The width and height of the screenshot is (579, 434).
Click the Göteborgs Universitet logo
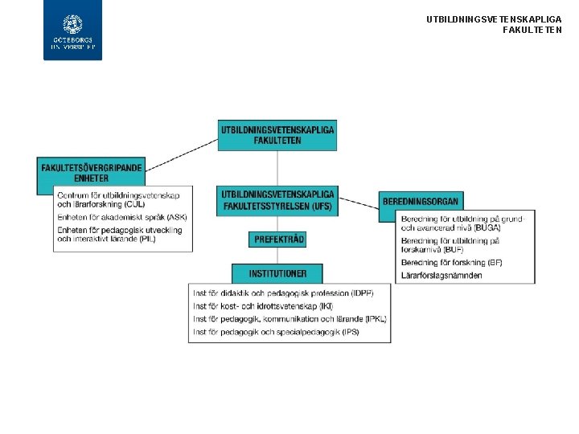click(x=73, y=31)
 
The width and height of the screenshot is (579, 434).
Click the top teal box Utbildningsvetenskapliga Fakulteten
click(x=277, y=134)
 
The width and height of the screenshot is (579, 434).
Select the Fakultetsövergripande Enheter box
click(x=91, y=173)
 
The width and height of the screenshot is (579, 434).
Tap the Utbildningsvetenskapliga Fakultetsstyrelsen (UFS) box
click(x=277, y=201)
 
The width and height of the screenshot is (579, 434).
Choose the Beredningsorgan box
click(x=421, y=200)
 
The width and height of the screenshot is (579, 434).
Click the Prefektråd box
click(x=277, y=239)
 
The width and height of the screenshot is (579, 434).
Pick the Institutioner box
click(x=277, y=273)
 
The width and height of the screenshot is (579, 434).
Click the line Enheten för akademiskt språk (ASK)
click(x=121, y=217)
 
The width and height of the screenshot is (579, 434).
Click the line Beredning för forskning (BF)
click(x=451, y=264)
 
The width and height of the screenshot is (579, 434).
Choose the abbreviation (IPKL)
click(x=376, y=319)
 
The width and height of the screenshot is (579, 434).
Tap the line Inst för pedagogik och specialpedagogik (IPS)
click(x=276, y=332)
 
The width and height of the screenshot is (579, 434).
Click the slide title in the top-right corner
click(x=494, y=24)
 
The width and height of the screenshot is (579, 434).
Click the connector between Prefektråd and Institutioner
click(x=277, y=256)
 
